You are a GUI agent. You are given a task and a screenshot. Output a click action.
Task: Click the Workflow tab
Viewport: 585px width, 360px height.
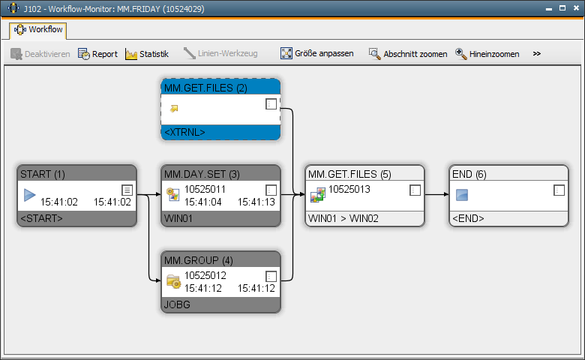pos(38,29)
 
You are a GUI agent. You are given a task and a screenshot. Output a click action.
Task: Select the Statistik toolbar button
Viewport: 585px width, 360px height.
pos(147,54)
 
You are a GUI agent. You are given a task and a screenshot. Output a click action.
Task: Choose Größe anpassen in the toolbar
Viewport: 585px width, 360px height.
pos(317,53)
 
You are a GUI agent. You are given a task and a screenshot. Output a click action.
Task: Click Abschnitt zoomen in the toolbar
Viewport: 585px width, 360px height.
pos(408,54)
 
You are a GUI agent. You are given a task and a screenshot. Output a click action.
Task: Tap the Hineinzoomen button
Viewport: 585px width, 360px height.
pos(487,54)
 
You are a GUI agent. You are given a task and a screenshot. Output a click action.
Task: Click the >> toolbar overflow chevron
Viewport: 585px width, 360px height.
pos(537,54)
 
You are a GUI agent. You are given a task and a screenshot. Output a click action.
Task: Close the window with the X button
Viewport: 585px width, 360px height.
pos(576,8)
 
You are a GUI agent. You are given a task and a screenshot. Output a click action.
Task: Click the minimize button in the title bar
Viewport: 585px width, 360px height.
pos(549,9)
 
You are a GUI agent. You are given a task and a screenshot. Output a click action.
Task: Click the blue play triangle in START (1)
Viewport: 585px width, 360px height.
pos(29,195)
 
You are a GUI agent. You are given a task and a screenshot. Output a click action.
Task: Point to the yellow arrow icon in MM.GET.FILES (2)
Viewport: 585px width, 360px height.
pos(174,109)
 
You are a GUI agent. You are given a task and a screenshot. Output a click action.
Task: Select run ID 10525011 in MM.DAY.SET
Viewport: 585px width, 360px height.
pos(205,189)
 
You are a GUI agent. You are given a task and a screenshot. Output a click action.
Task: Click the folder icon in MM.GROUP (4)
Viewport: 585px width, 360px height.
pos(173,281)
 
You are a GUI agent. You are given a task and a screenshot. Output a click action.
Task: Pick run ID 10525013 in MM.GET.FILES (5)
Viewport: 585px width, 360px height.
pos(349,189)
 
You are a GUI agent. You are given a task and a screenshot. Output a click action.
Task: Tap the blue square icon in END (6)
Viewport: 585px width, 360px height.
pos(462,195)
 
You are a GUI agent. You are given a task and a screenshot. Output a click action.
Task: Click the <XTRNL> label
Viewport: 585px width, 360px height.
pos(184,133)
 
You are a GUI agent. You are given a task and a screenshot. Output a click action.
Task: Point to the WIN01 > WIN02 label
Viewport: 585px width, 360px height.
pos(343,218)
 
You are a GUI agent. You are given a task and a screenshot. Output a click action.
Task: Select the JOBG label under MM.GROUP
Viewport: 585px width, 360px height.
pos(177,304)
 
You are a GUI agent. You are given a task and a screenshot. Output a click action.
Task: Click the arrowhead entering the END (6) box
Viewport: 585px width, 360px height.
pos(446,194)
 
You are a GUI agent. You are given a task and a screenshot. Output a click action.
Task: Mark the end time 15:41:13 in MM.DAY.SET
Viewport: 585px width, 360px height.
pos(256,202)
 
